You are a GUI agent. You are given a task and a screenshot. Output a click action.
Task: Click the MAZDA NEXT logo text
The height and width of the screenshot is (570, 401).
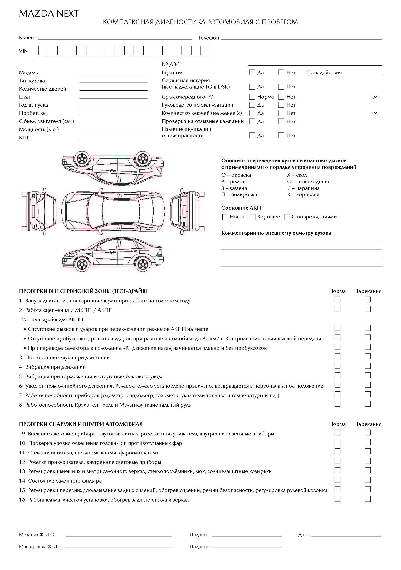pyautogui.click(x=49, y=14)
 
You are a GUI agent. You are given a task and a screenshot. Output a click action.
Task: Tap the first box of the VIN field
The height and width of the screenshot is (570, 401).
pyautogui.click(x=43, y=51)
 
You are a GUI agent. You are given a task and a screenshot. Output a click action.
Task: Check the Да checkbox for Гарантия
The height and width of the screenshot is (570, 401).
pyautogui.click(x=252, y=72)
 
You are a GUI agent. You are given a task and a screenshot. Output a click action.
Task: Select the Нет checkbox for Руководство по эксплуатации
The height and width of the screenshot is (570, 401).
pyautogui.click(x=281, y=105)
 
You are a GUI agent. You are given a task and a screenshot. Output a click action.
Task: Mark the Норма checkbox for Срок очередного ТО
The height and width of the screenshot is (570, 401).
pyautogui.click(x=252, y=97)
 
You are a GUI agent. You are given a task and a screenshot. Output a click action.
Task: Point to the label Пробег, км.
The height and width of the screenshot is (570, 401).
pyautogui.click(x=33, y=113)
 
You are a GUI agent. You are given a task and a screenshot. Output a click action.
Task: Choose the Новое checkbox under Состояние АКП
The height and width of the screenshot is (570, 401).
pyautogui.click(x=225, y=217)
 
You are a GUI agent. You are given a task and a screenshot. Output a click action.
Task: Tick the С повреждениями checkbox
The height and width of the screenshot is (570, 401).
pyautogui.click(x=287, y=217)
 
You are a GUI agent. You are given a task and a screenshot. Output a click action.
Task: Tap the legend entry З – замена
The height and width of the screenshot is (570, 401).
pyautogui.click(x=234, y=188)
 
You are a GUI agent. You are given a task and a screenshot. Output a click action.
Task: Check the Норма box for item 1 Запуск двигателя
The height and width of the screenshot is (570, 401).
pyautogui.click(x=337, y=299)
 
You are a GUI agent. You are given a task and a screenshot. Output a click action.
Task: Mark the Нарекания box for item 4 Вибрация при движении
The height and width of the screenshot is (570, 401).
pyautogui.click(x=368, y=366)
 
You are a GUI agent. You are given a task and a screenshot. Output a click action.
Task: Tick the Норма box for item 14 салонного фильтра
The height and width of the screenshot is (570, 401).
pyautogui.click(x=337, y=480)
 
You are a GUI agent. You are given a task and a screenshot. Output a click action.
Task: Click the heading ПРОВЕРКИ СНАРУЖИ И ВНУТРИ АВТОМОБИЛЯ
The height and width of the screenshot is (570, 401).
pyautogui.click(x=81, y=424)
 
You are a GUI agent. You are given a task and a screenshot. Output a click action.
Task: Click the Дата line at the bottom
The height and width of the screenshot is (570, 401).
pyautogui.click(x=346, y=535)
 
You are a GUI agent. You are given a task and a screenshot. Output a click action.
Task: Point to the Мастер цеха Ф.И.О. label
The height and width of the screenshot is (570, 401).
pyautogui.click(x=41, y=547)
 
